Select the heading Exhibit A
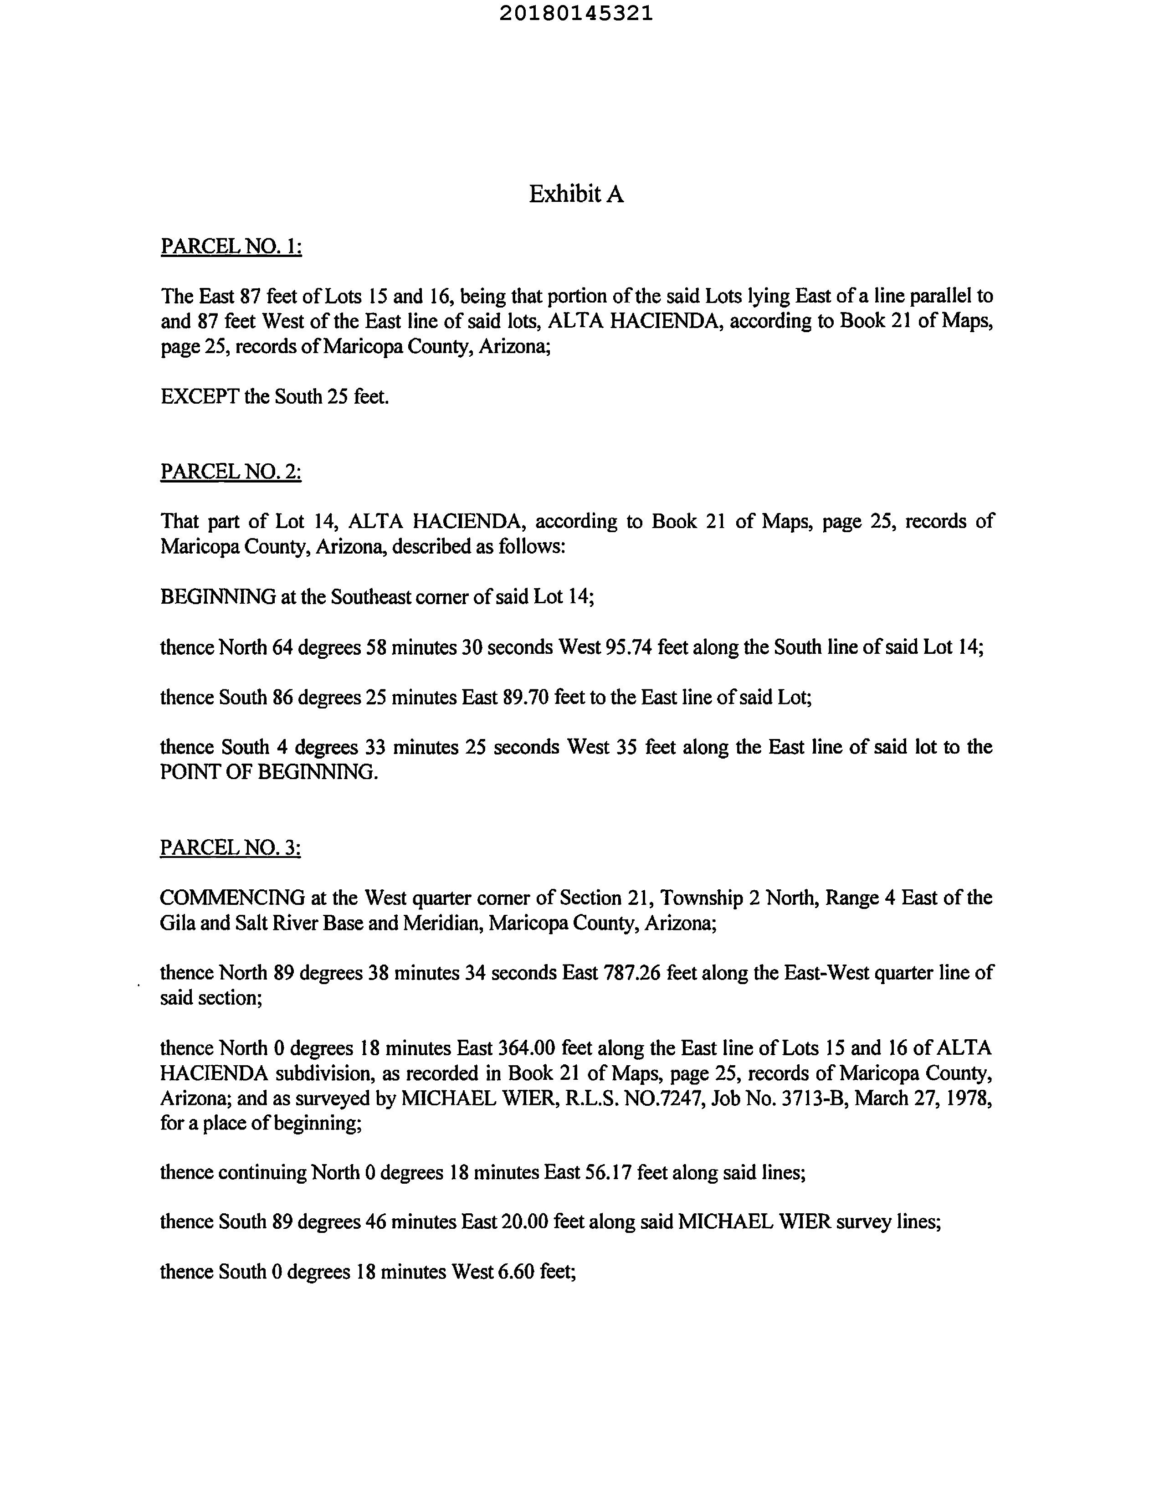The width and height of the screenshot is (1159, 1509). coord(576,195)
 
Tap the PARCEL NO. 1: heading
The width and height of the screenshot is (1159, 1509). coord(231,246)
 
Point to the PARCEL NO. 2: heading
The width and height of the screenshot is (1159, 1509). coord(231,472)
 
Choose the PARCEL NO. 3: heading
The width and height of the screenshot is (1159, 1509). coord(231,848)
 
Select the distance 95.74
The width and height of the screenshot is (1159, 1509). coord(628,647)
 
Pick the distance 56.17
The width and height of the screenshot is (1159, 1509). coord(608,1172)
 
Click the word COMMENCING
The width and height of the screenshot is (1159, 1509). coord(232,898)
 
